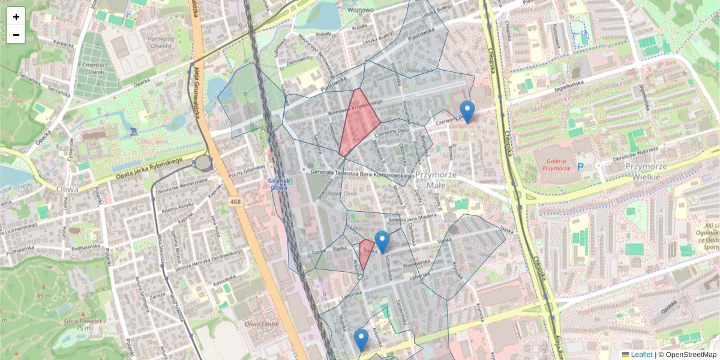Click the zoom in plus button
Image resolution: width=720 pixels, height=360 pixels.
pyautogui.click(x=16, y=17)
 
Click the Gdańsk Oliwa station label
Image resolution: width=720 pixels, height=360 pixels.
pyautogui.click(x=280, y=184)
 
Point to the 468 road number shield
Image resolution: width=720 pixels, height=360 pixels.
pyautogui.click(x=235, y=202)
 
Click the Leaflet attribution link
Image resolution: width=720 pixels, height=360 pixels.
pyautogui.click(x=641, y=355)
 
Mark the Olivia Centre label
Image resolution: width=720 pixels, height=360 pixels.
pyautogui.click(x=262, y=325)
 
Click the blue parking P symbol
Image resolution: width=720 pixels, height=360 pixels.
pyautogui.click(x=580, y=166)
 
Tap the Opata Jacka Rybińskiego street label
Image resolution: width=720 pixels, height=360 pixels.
pyautogui.click(x=141, y=167)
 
